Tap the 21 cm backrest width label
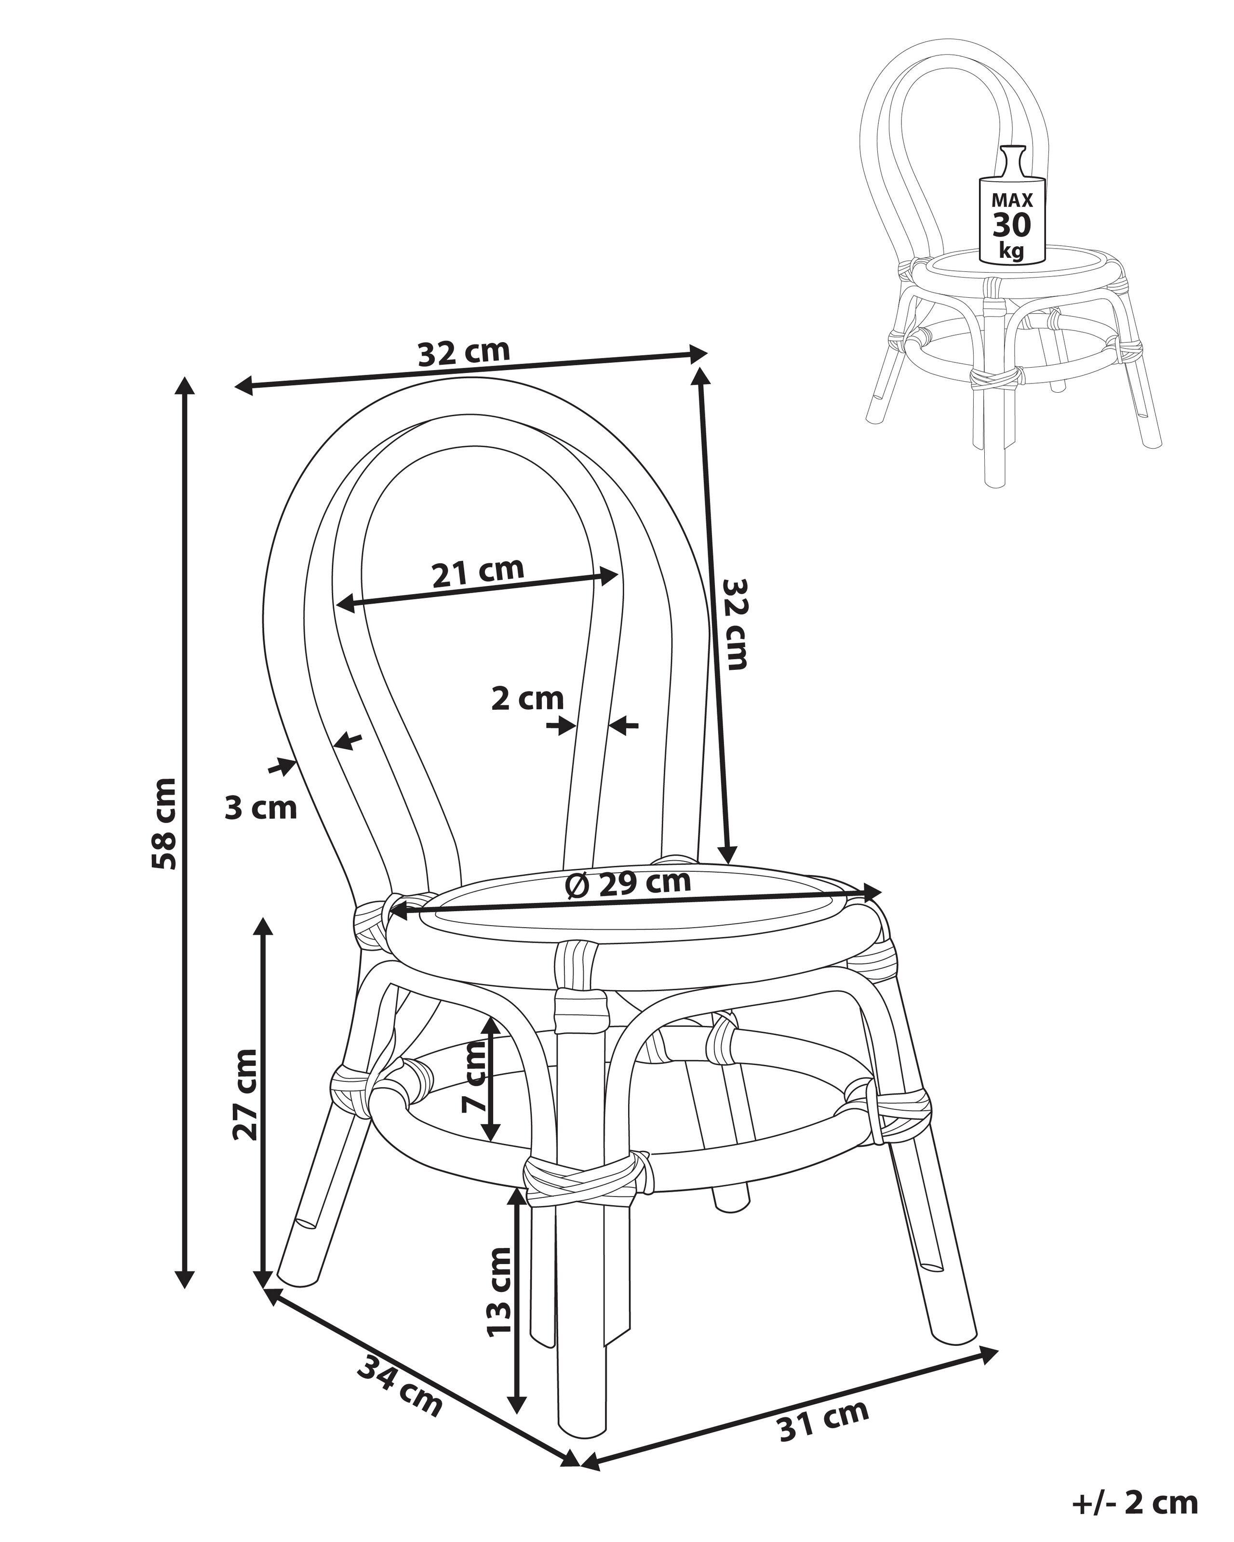tap(478, 571)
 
